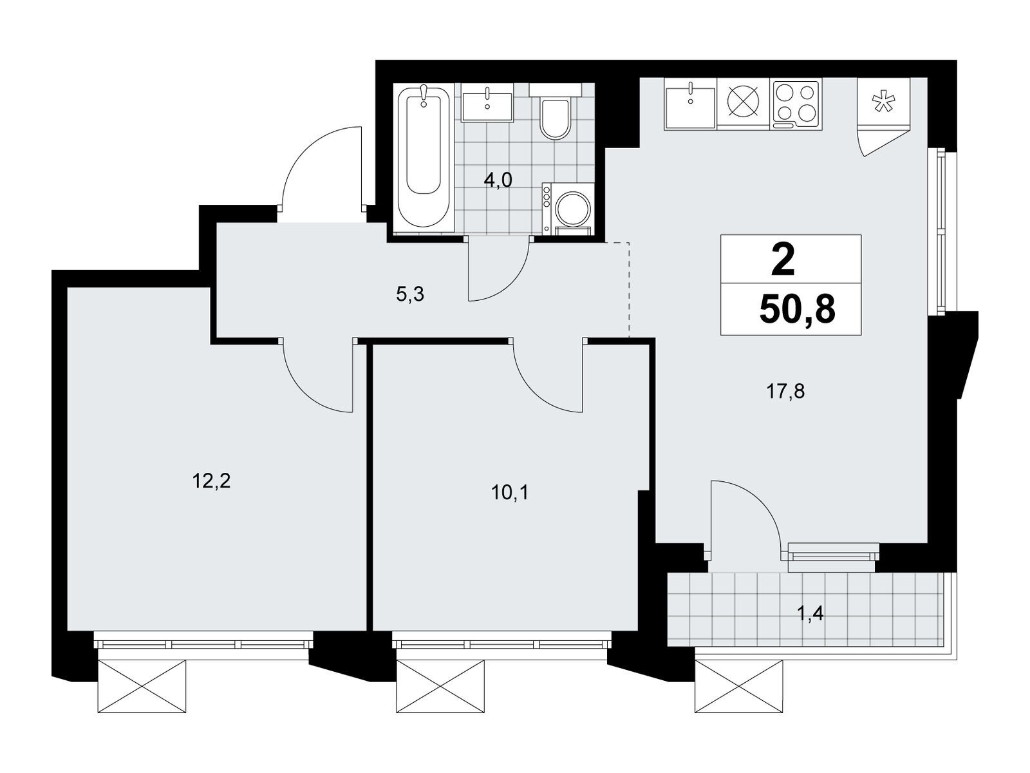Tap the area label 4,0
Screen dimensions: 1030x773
click(x=498, y=180)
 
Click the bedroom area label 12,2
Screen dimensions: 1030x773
click(x=211, y=481)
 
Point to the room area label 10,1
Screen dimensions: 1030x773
click(x=510, y=493)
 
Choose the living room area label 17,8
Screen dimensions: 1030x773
click(x=785, y=391)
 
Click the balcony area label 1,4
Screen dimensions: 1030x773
click(x=810, y=613)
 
